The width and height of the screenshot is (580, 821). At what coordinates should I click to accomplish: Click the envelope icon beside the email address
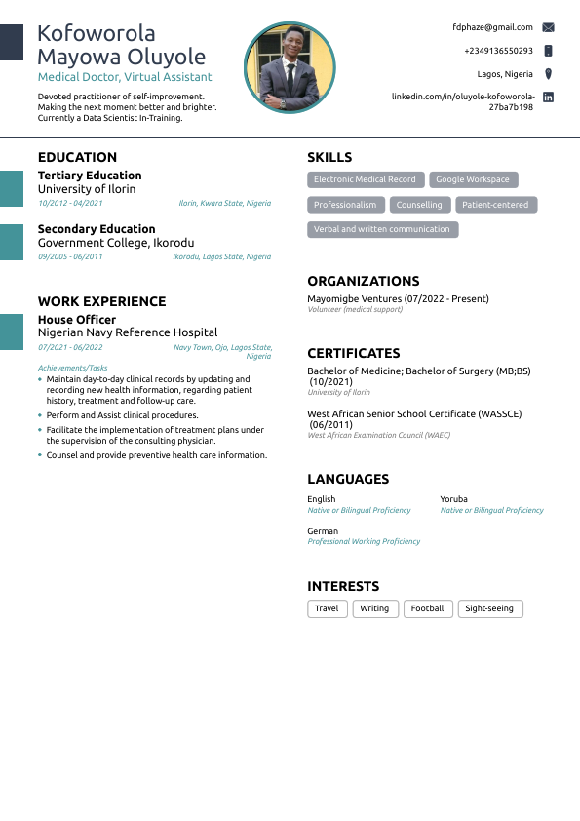click(x=548, y=27)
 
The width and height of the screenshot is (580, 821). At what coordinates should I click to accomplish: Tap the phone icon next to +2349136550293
click(x=548, y=51)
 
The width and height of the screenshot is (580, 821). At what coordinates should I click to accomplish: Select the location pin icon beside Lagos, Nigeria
click(x=548, y=74)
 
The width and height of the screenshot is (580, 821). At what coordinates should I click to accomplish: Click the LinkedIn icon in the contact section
click(x=548, y=98)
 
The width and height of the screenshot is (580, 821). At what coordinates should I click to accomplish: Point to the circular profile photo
click(x=290, y=68)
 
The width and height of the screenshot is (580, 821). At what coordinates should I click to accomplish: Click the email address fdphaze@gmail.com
click(x=492, y=27)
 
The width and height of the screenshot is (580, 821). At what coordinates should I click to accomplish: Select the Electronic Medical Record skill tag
click(x=365, y=179)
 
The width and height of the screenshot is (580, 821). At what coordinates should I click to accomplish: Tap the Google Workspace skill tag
click(x=473, y=179)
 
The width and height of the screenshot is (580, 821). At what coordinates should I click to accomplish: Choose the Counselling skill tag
click(x=419, y=205)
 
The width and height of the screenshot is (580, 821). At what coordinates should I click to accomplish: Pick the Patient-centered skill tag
click(x=495, y=205)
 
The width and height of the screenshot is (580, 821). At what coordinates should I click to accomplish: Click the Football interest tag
click(x=427, y=608)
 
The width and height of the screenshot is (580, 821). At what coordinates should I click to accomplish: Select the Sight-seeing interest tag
click(x=489, y=608)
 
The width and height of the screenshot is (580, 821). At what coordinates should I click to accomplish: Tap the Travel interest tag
click(x=327, y=608)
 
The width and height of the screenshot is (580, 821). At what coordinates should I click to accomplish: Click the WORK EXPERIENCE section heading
click(x=101, y=301)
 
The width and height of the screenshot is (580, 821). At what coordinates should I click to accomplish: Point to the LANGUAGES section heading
click(x=348, y=479)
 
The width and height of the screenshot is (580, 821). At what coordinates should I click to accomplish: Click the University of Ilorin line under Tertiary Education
click(x=87, y=189)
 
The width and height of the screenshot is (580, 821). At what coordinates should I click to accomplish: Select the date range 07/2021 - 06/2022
click(x=70, y=347)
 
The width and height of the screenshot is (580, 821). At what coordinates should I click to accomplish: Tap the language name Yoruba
click(x=454, y=499)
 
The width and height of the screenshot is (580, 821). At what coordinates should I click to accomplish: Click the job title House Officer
click(x=77, y=320)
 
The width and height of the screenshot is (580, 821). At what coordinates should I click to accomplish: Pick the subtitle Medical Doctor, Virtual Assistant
click(x=125, y=77)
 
